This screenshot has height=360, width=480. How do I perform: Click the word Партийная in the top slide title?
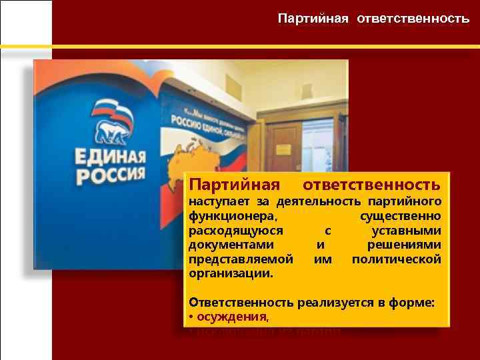313,19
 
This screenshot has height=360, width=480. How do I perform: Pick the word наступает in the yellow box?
215,201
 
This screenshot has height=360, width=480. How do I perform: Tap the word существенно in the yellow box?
400,216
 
